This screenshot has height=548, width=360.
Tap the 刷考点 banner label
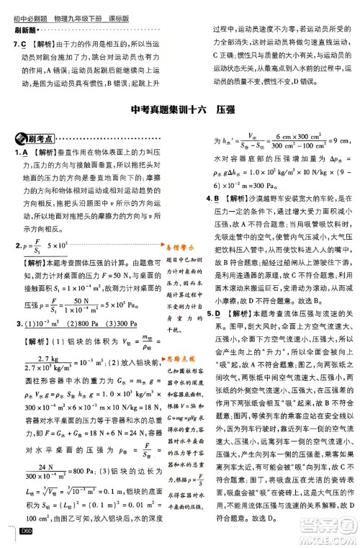(x=31, y=139)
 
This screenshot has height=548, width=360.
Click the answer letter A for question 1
(x=24, y=154)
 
